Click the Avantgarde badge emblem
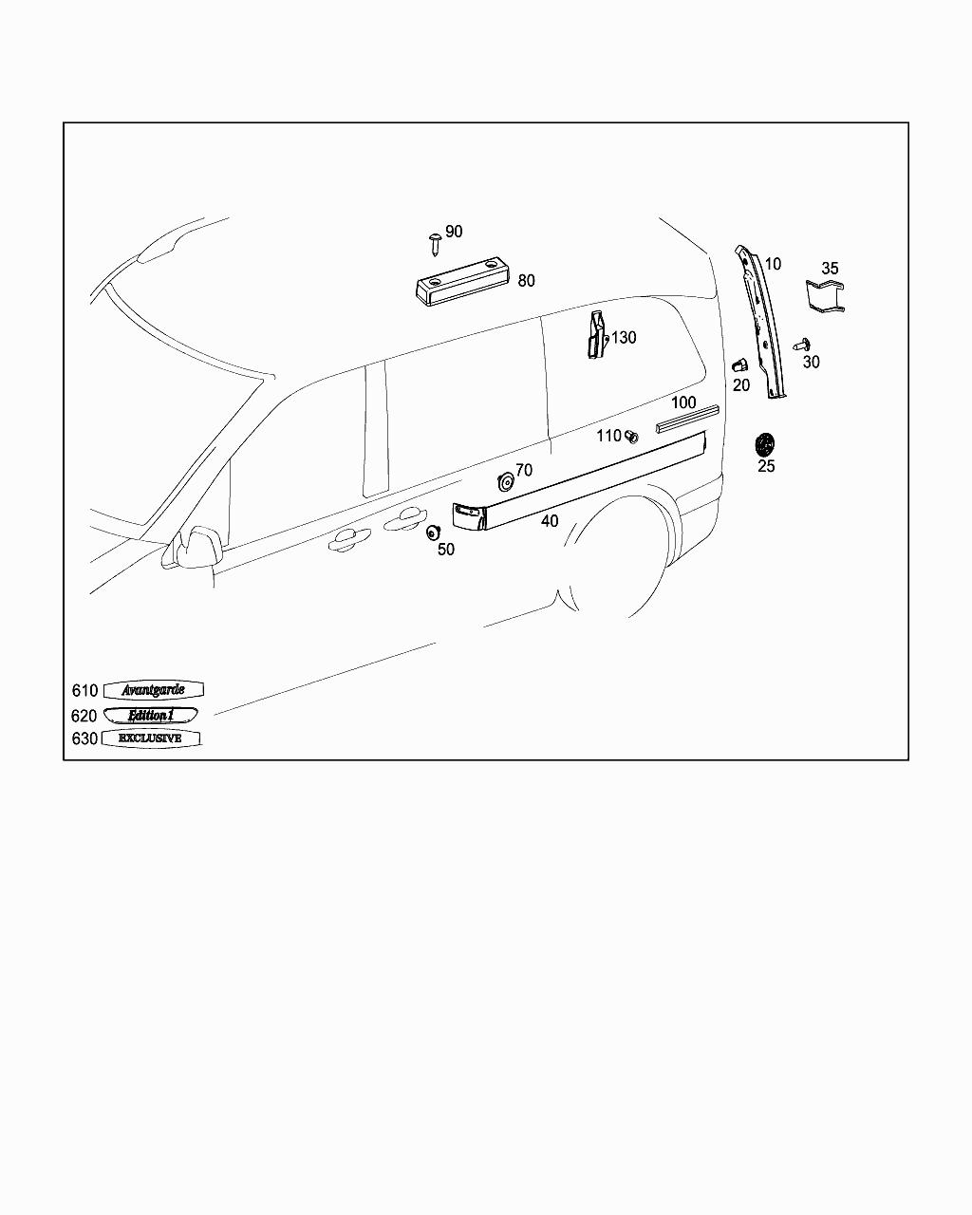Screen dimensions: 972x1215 (153, 690)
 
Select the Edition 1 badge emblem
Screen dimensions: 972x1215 (151, 715)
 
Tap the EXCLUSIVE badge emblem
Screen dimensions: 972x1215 (151, 738)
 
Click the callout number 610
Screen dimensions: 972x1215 (84, 691)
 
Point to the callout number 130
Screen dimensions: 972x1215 (624, 338)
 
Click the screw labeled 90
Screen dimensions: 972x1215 (435, 242)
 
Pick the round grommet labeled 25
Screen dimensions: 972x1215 (764, 443)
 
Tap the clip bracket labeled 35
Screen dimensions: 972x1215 (826, 295)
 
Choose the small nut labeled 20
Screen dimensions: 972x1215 (739, 364)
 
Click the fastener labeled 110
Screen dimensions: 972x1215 (632, 437)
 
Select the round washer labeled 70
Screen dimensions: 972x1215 (506, 481)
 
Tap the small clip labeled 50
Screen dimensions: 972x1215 (434, 532)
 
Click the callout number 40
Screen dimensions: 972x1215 (550, 521)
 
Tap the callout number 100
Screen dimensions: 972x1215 (683, 402)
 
